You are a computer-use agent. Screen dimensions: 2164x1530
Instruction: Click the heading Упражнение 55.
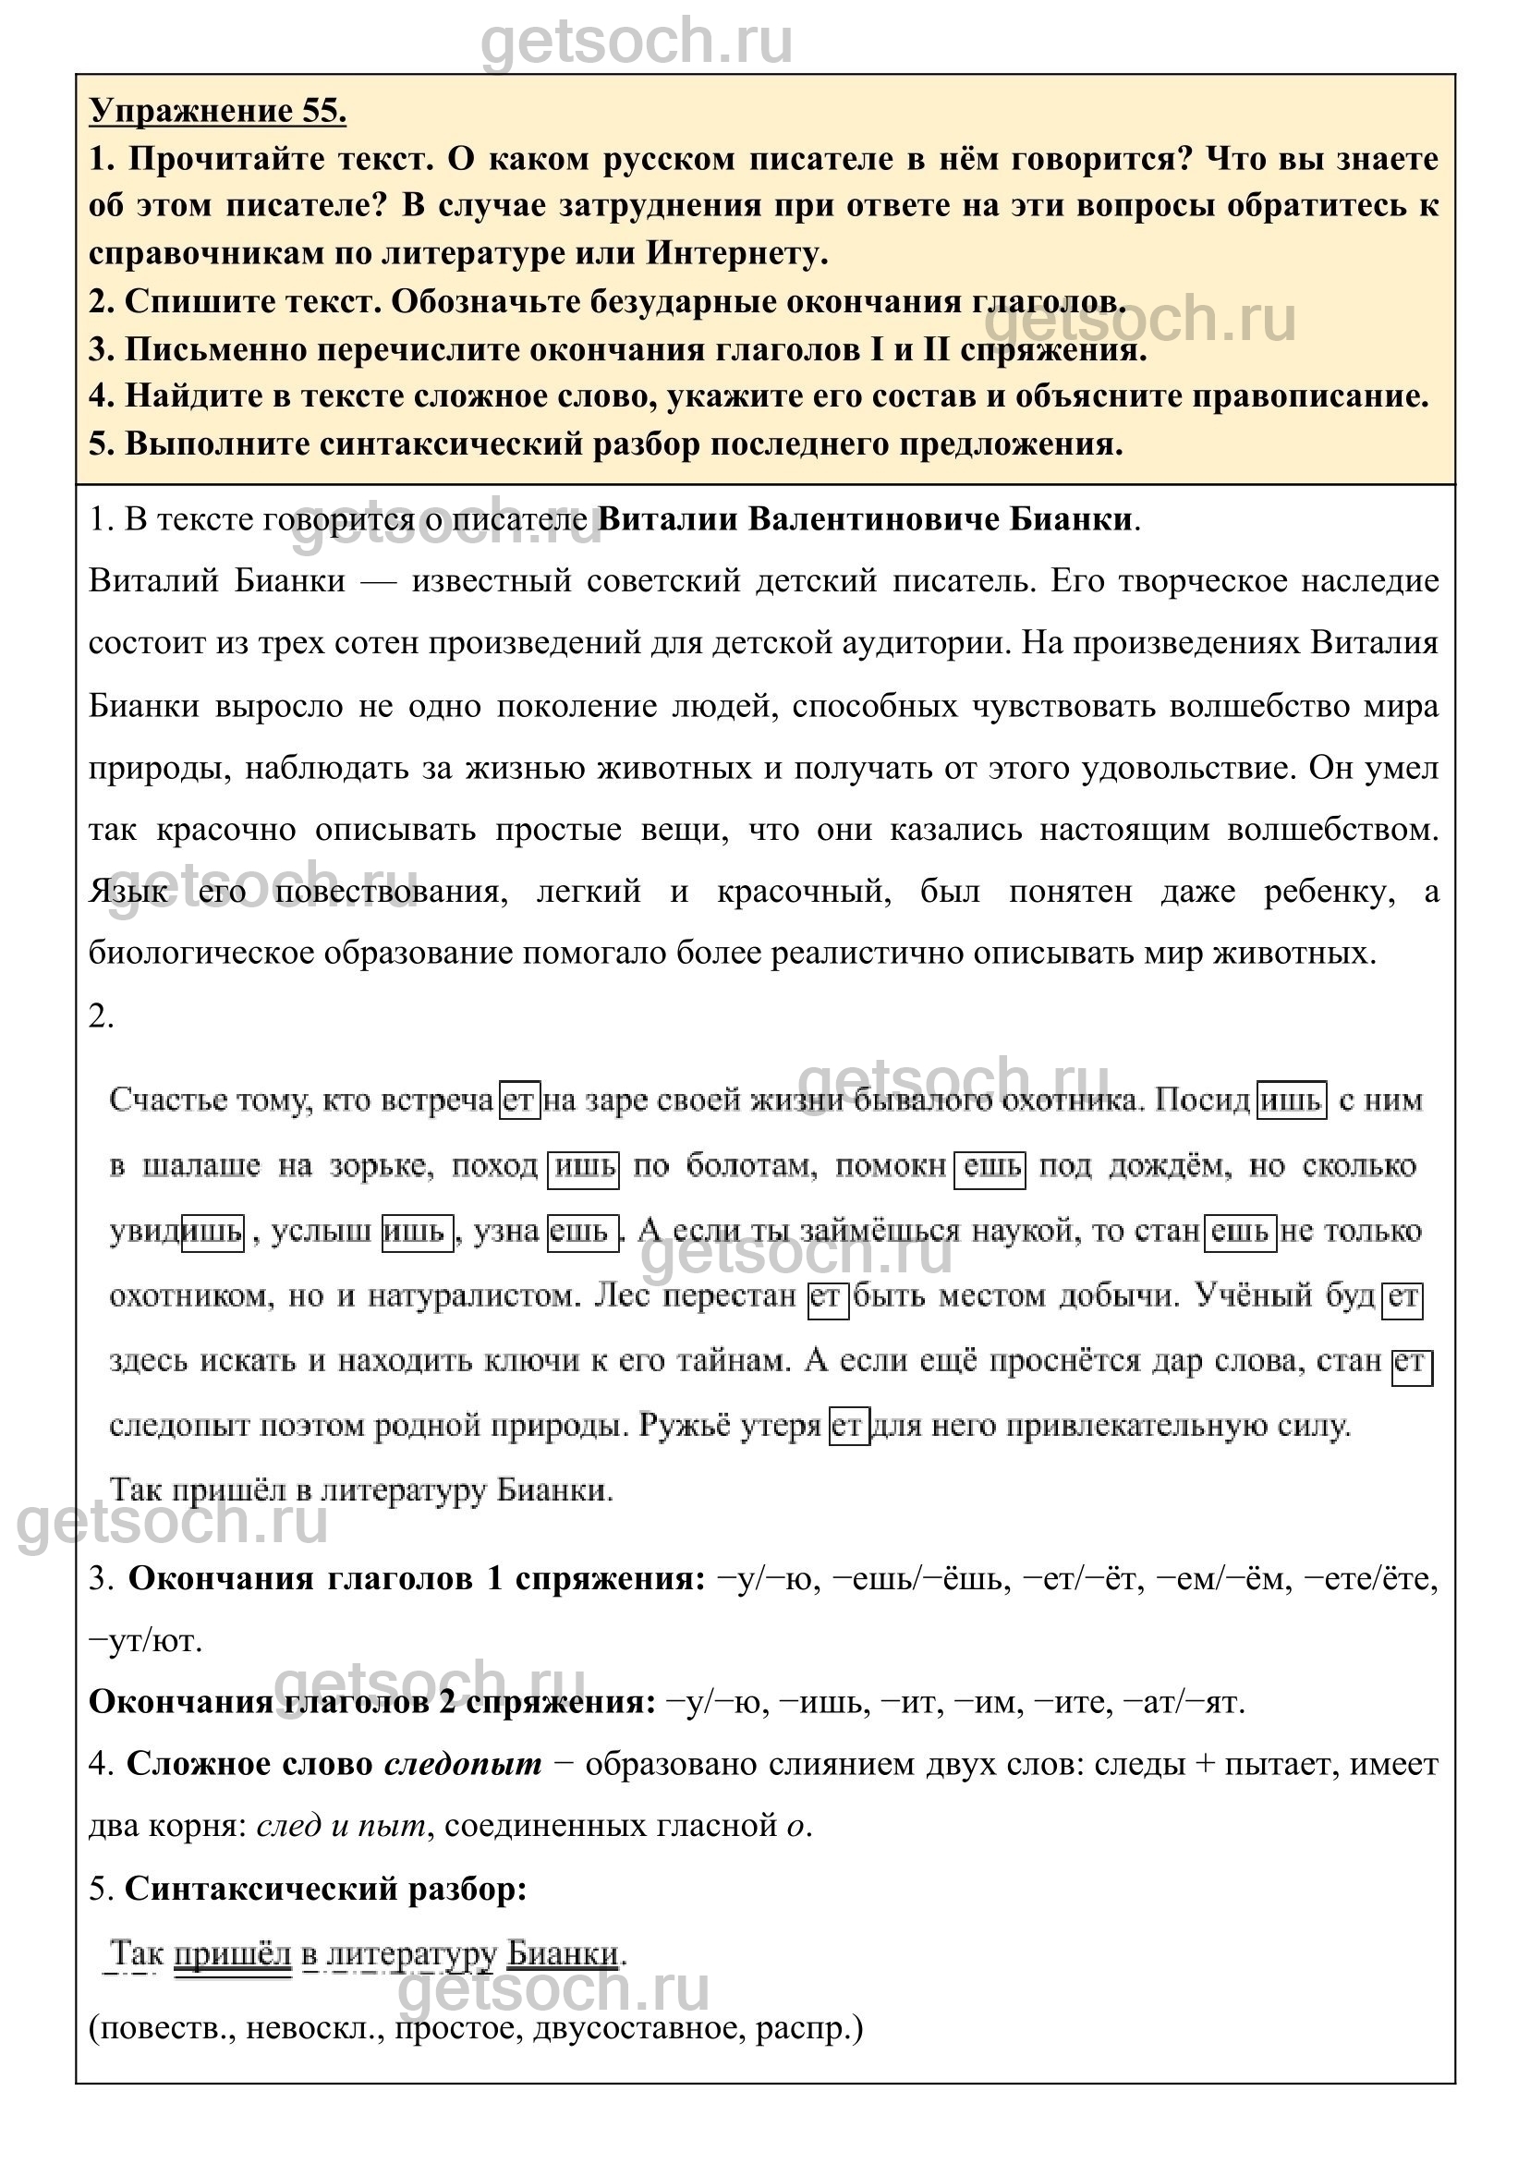pos(218,111)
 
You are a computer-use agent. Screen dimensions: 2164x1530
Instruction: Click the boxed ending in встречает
pos(518,1100)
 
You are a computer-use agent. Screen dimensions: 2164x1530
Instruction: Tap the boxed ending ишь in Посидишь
pos(1292,1100)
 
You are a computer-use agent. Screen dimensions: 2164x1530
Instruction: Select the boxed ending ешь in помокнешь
pos(990,1167)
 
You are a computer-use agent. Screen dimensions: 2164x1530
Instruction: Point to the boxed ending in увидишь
pos(213,1232)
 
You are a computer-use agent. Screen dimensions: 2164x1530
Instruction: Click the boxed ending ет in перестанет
pos(827,1298)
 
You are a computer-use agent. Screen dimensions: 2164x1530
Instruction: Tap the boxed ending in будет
pos(1402,1298)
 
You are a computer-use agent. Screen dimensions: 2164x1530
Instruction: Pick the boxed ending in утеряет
pos(848,1426)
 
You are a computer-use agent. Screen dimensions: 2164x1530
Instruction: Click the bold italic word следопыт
pos(463,1765)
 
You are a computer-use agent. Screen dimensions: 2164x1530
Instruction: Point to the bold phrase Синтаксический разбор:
pos(325,1889)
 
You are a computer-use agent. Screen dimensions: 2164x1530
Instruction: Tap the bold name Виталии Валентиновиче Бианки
pos(866,519)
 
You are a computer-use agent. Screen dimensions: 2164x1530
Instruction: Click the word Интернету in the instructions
pos(737,253)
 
